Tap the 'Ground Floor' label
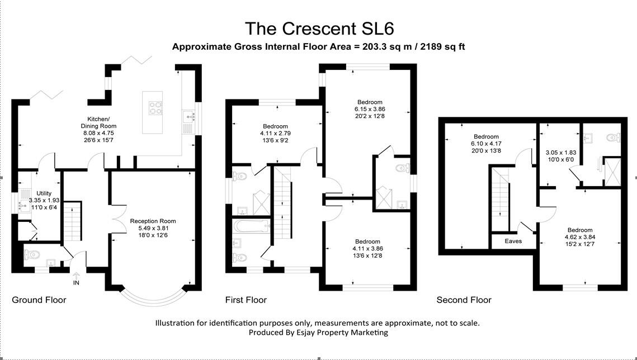coord(39,300)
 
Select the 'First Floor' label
coord(246,300)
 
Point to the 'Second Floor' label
coord(464,300)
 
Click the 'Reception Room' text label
coord(153,221)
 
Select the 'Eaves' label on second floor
coord(513,241)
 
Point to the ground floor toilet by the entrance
coord(34,255)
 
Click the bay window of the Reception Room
coord(152,296)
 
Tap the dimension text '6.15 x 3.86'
coord(370,109)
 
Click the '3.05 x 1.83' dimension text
coord(560,152)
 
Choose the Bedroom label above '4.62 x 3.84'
coord(580,230)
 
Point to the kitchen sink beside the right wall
coord(188,117)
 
